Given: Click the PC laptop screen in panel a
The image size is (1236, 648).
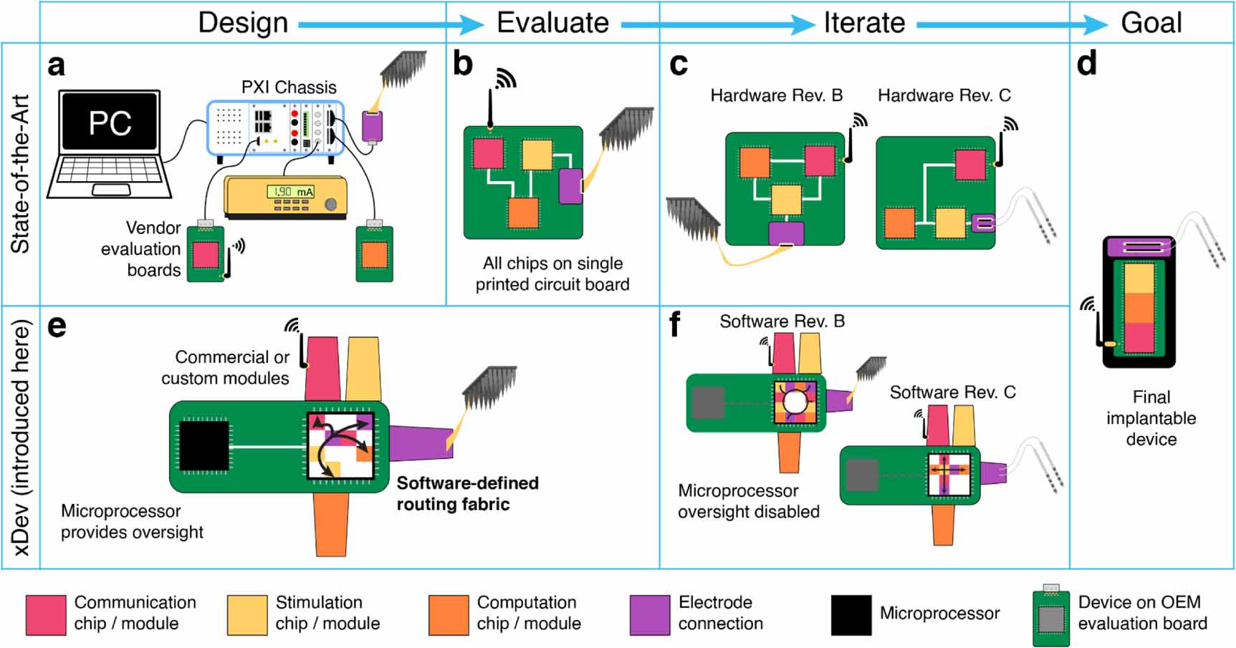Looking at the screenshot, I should coord(110,122).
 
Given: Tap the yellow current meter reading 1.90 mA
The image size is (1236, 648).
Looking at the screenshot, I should coord(286,196).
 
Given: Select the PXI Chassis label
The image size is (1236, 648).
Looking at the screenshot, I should coord(289,87).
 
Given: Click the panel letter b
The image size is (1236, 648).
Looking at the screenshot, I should coord(464,64).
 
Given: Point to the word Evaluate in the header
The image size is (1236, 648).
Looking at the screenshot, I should coord(552,23).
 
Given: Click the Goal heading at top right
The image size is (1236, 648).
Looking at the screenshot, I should coord(1151,23).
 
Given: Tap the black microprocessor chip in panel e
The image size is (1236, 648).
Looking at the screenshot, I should coord(203,447).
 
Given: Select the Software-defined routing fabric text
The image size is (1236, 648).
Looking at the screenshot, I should coord(467,493).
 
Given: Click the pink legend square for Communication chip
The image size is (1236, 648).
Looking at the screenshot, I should coord(46,614).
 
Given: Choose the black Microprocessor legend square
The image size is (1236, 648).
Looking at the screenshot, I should coord(851,614).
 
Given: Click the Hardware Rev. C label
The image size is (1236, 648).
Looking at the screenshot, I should coord(944,95).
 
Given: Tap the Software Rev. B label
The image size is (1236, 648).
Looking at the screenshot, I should coord(782,321).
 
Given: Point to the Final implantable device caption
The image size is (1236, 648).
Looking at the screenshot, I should coord(1151,418).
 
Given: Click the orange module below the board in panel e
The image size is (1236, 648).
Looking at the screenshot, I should coord(330,523).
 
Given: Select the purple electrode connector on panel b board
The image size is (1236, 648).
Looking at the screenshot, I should coord(570,185).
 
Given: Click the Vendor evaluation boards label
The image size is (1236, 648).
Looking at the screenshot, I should coord(141,248).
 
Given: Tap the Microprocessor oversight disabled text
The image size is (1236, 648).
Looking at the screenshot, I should coord(748,501).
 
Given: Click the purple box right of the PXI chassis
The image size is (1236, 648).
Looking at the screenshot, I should coord(372,126).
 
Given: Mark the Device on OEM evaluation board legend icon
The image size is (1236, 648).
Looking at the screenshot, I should coord(1051,617).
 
